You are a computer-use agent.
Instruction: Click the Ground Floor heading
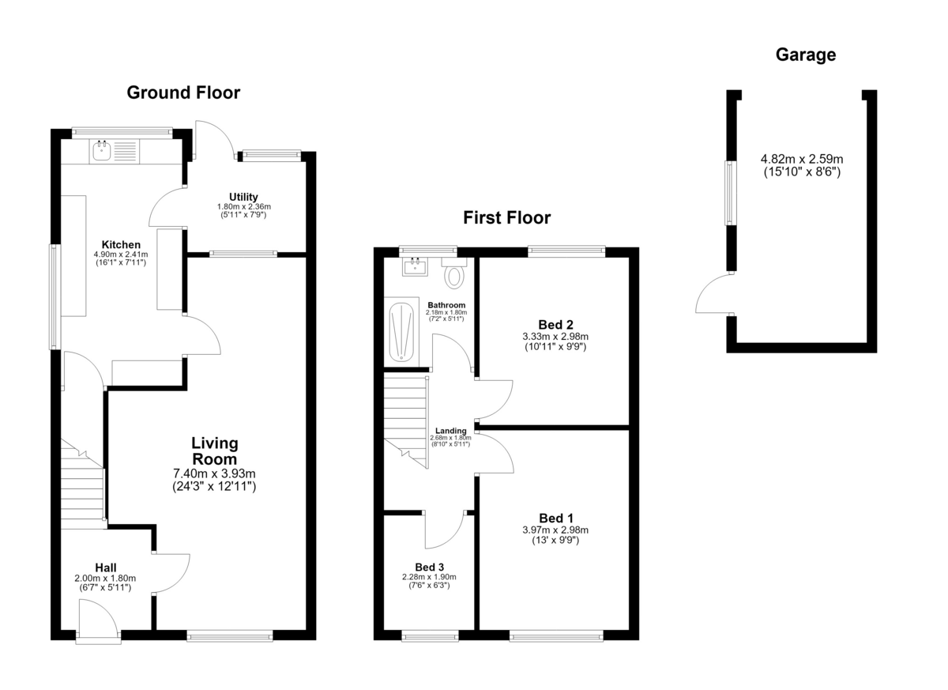pos(183,92)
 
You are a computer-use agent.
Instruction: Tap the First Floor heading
pos(507,217)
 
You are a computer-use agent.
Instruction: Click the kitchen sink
pos(102,151)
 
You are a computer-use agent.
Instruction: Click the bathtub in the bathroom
pos(401,332)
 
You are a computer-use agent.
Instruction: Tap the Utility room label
pos(243,197)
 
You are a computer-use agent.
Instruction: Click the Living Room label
pos(215,451)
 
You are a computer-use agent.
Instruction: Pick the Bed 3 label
pos(429,567)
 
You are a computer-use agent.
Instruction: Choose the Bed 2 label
pos(555,325)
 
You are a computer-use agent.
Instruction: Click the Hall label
pos(105,567)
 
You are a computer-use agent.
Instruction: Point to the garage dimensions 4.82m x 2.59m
pos(802,159)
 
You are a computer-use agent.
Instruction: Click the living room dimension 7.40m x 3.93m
pos(215,473)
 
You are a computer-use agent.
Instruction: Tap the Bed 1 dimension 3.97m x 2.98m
pos(555,530)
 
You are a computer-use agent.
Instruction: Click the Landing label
pos(451,431)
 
